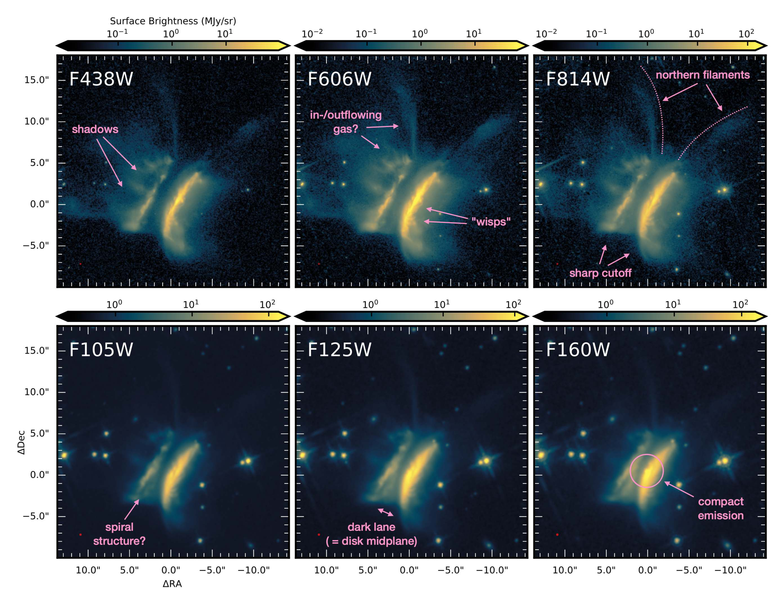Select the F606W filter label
click(x=339, y=79)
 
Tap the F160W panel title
click(x=578, y=350)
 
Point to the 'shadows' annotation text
click(x=95, y=129)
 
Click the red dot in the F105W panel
click(x=80, y=535)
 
